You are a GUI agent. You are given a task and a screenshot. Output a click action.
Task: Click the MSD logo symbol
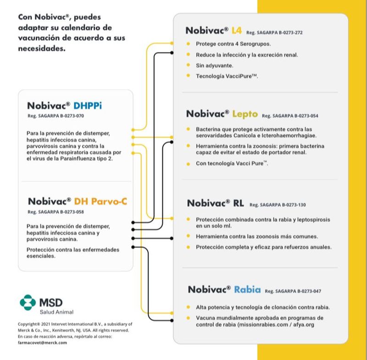coord(28,302)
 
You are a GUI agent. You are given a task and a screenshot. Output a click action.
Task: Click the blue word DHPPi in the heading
coord(88,106)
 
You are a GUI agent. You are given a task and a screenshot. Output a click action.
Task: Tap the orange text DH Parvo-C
coord(101,201)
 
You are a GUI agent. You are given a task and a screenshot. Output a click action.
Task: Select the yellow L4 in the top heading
coord(237,31)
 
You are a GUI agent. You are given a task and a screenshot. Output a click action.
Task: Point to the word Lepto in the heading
coord(245,113)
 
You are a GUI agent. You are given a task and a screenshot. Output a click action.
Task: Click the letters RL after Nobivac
coord(238,203)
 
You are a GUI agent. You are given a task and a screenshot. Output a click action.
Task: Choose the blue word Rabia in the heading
coord(247,290)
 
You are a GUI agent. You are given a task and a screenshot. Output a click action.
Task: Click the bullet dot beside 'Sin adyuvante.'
coord(189,65)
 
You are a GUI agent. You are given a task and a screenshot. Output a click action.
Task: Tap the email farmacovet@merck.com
coord(42,342)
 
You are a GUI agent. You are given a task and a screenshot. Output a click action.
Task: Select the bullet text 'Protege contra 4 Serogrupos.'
coord(233,44)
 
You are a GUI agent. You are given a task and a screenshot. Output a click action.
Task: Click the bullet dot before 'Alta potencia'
coord(189,307)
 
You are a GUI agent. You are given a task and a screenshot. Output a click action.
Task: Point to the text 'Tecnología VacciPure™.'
coord(227,76)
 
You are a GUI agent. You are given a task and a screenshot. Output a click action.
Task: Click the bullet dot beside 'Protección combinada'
coord(189,219)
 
